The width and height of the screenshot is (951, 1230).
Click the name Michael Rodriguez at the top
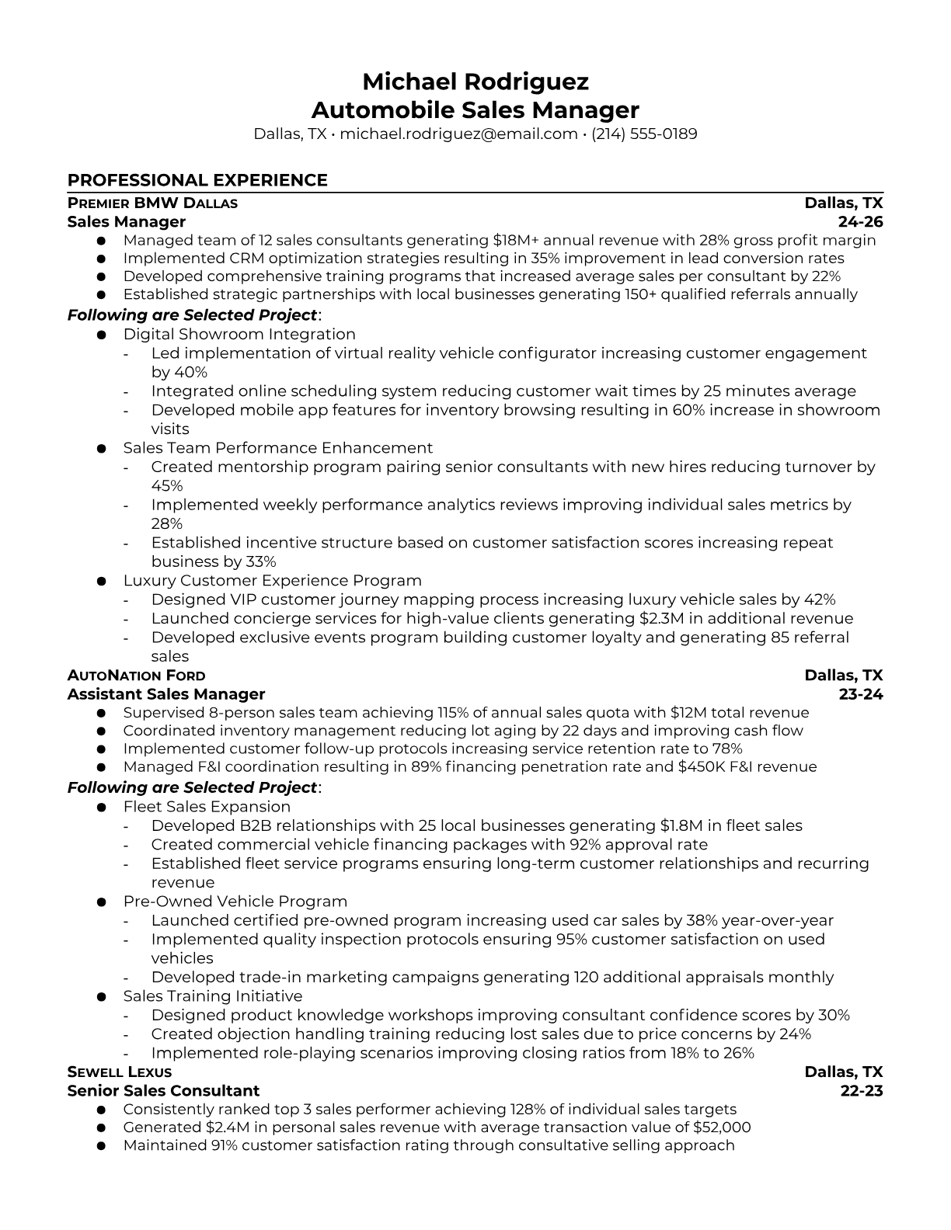(x=475, y=82)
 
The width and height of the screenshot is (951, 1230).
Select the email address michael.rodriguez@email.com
(x=458, y=134)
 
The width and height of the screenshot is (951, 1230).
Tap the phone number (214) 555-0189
(x=644, y=134)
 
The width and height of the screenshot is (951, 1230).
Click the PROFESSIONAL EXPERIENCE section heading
(x=197, y=181)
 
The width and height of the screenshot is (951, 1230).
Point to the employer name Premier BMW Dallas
(x=152, y=203)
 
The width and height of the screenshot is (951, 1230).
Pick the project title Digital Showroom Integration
(x=239, y=335)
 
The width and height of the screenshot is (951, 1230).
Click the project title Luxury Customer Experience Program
(x=272, y=581)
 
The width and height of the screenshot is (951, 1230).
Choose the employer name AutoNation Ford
(x=137, y=676)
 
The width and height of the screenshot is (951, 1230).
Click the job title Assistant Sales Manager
(x=166, y=694)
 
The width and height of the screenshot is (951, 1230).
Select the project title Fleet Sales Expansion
(x=207, y=807)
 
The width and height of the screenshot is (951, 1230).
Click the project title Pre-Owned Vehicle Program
(x=235, y=902)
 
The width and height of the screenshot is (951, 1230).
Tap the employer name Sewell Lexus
(x=119, y=1072)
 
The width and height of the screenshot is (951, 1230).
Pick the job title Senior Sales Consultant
(x=163, y=1091)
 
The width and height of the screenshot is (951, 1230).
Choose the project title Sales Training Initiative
(x=212, y=996)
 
